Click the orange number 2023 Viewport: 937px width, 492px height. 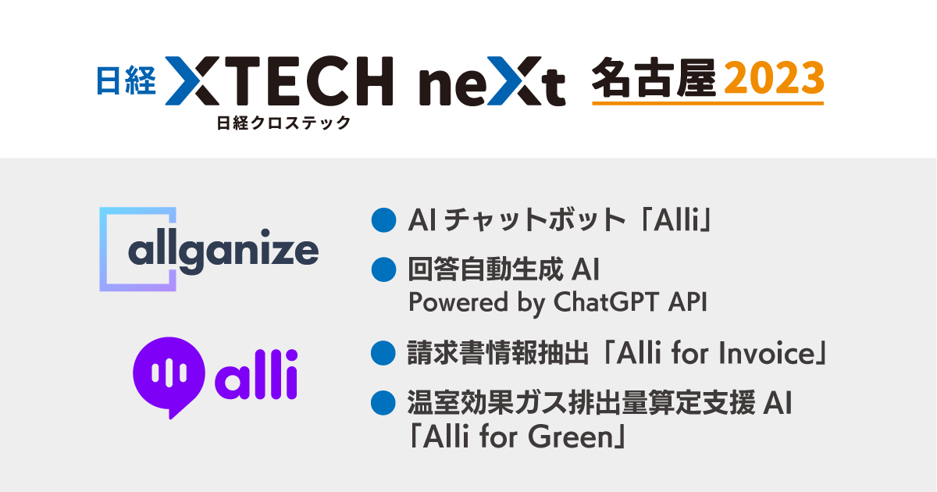point(774,79)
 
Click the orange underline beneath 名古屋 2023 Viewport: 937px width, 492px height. point(707,103)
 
